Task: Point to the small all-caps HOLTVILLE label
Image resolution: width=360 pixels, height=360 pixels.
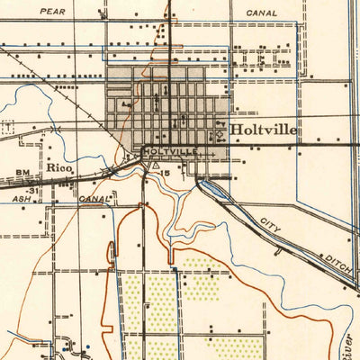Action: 168,153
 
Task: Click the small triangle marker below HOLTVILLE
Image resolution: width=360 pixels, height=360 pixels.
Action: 157,166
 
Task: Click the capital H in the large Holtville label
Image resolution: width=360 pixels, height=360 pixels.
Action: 237,130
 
